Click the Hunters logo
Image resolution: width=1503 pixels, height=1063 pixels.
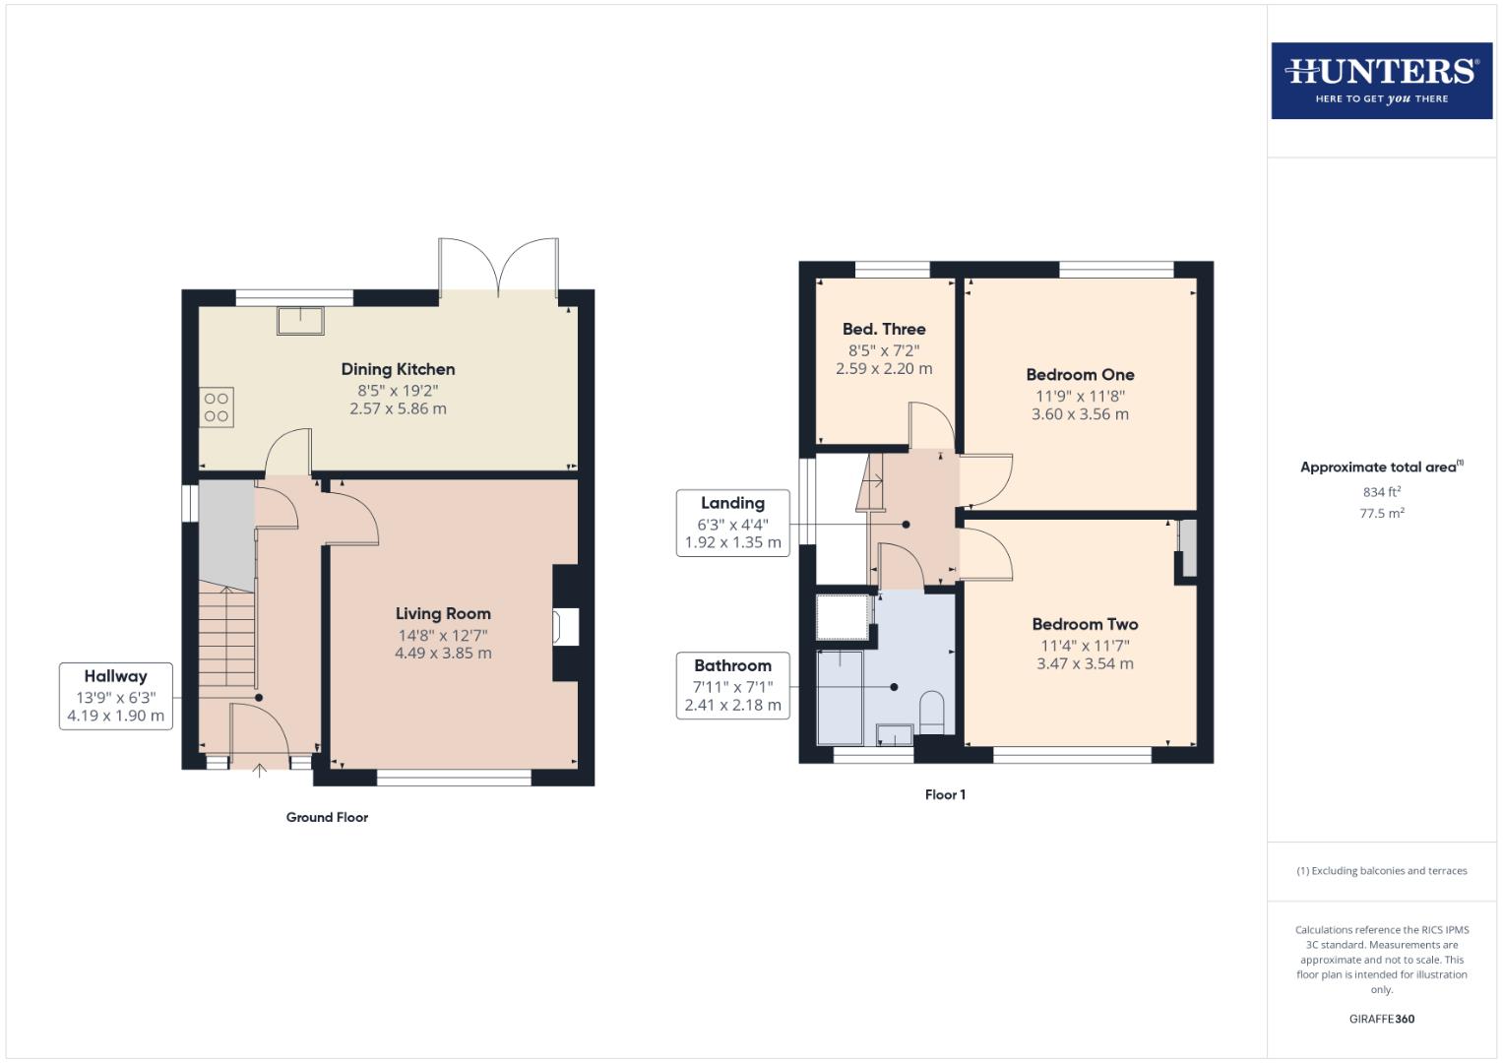pyautogui.click(x=1381, y=80)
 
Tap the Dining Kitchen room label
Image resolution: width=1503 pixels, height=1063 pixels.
pyautogui.click(x=398, y=369)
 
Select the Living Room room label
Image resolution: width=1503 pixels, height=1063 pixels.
pyautogui.click(x=443, y=613)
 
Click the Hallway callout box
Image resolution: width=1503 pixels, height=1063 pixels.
pyautogui.click(x=116, y=696)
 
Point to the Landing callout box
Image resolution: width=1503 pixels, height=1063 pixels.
pyautogui.click(x=732, y=523)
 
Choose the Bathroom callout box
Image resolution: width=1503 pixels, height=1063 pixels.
pyautogui.click(x=732, y=685)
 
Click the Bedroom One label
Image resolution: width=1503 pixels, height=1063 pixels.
pyautogui.click(x=1080, y=374)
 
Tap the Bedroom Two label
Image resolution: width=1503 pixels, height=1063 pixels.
pyautogui.click(x=1085, y=624)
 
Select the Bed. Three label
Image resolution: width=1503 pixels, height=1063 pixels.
pyautogui.click(x=884, y=329)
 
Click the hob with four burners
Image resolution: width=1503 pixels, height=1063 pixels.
pyautogui.click(x=217, y=407)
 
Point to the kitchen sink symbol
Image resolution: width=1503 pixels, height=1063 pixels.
pyautogui.click(x=301, y=321)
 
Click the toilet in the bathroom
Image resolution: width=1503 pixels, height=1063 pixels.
pyautogui.click(x=930, y=712)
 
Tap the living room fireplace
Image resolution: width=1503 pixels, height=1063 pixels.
pyautogui.click(x=567, y=626)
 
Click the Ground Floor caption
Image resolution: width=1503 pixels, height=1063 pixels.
pyautogui.click(x=327, y=817)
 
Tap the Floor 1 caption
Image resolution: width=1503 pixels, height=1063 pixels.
pyautogui.click(x=945, y=794)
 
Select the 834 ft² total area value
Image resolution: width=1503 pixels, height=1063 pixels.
pyautogui.click(x=1381, y=492)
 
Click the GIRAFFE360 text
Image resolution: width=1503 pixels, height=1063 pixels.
pyautogui.click(x=1381, y=1019)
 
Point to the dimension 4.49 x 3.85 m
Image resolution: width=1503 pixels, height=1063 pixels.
pyautogui.click(x=443, y=653)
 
